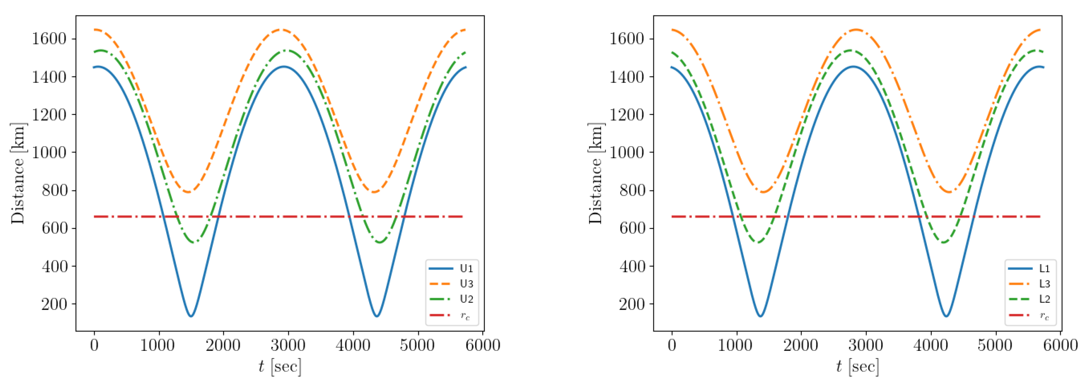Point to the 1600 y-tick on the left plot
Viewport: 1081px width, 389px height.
pos(49,39)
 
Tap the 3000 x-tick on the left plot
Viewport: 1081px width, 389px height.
pos(288,345)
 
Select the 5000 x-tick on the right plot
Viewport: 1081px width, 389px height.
pos(995,345)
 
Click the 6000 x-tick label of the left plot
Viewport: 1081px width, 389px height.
pos(483,345)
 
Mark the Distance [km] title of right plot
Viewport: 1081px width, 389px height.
pos(596,173)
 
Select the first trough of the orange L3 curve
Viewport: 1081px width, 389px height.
pos(763,192)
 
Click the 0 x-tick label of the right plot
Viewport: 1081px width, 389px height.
pos(672,345)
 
